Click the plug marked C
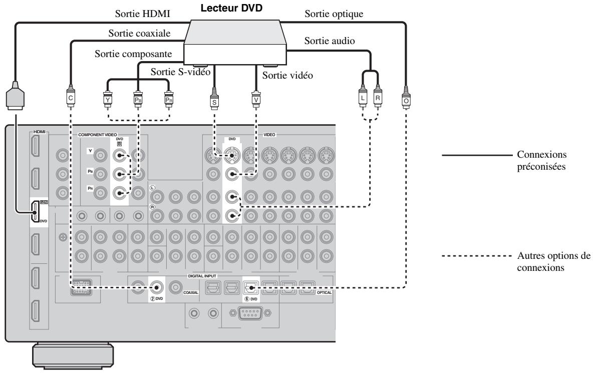click(x=71, y=98)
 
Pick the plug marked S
click(x=214, y=99)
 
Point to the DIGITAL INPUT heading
click(x=216, y=276)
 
